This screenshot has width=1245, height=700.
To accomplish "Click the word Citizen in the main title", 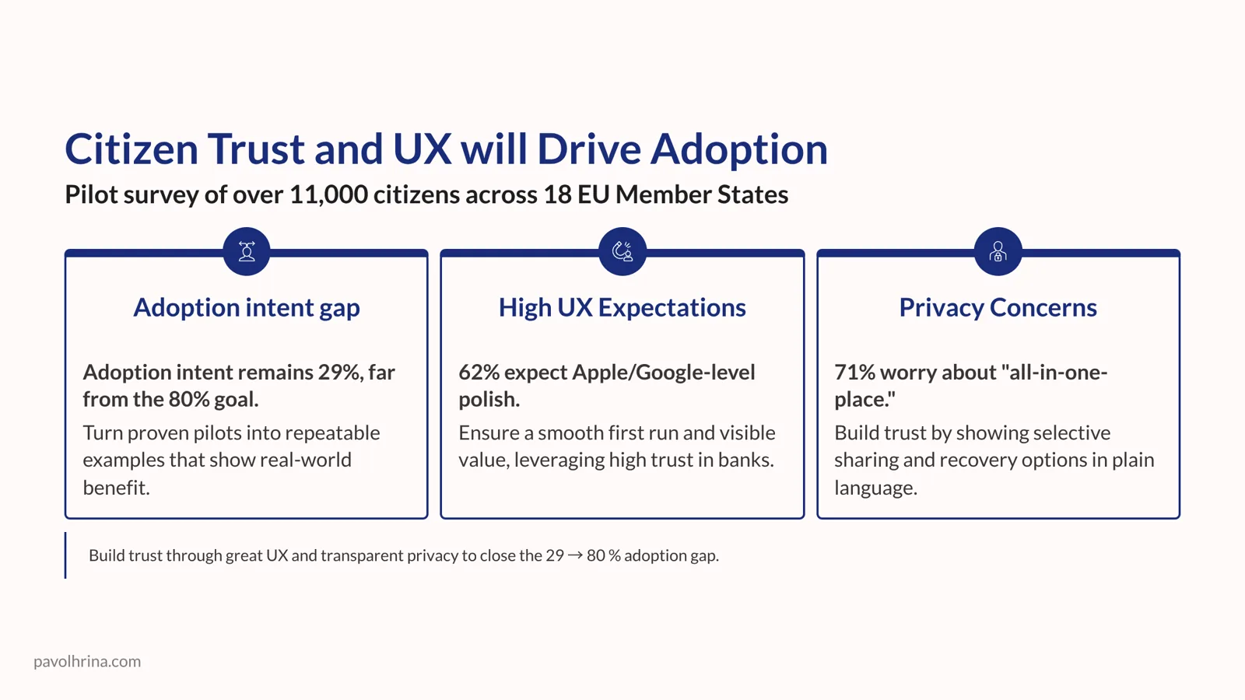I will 132,149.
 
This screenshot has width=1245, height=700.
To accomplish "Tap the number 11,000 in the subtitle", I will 328,194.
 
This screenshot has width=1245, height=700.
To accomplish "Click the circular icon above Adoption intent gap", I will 247,251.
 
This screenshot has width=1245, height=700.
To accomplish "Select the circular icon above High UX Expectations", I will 622,251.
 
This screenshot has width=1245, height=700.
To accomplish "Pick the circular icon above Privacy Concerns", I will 998,251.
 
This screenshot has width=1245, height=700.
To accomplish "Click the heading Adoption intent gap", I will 247,307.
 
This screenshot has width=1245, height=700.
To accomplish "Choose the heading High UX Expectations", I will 622,307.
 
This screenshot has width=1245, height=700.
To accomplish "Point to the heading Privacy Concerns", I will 998,307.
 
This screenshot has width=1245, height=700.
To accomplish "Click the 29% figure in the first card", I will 339,373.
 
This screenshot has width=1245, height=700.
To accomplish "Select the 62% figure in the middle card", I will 479,373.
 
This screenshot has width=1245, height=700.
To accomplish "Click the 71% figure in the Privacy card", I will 854,373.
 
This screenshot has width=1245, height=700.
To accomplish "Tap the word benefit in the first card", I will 116,488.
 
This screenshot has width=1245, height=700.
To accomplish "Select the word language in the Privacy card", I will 875,488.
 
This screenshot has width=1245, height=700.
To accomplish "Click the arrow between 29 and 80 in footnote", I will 575,555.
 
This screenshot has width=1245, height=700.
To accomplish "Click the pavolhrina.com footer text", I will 87,661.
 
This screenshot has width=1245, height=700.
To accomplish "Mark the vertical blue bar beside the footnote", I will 65,555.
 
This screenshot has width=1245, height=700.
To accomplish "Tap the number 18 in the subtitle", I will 557,194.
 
